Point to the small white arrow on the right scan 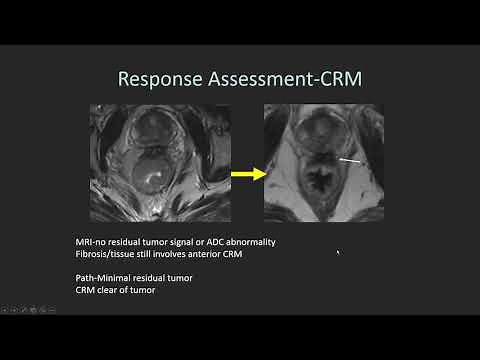pos(350,159)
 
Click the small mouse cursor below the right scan pos(339,254)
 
